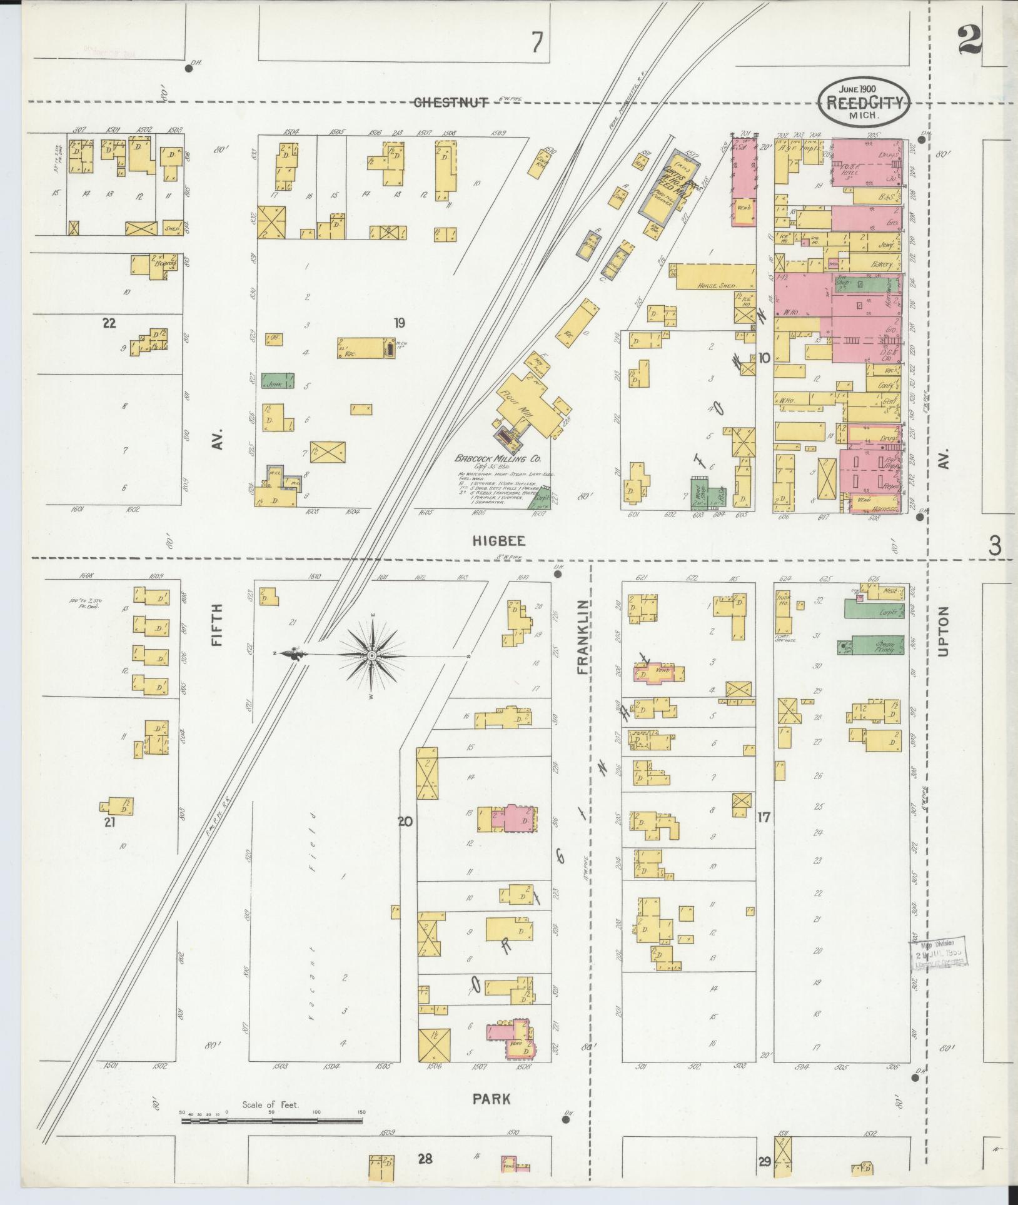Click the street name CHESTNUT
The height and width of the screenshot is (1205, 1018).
click(x=451, y=103)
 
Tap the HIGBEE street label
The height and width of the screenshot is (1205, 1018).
click(x=498, y=541)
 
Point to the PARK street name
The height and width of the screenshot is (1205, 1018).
click(x=491, y=1098)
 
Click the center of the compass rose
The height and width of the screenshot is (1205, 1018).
click(x=372, y=655)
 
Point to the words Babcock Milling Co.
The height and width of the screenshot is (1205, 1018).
click(x=493, y=458)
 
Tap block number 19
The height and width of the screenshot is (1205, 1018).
click(x=399, y=323)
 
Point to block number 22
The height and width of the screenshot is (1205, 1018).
click(x=109, y=323)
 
